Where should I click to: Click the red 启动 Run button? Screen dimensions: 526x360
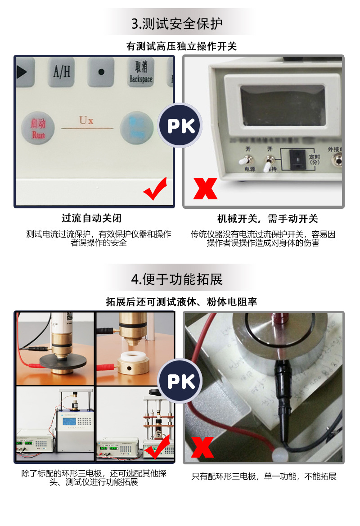pos(38,127)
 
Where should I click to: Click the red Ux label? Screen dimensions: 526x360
pos(86,121)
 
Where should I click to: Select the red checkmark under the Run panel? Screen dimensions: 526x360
pos(155,189)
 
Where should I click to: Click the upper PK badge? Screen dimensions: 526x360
pos(181,126)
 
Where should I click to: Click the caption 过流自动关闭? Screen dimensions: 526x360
pos(91,219)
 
